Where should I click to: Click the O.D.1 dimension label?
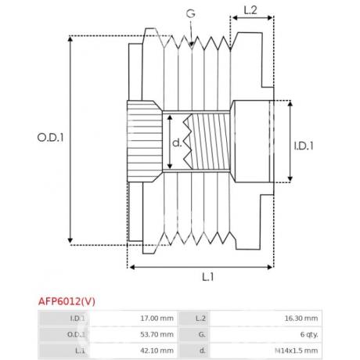[x=50, y=138]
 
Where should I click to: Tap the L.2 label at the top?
[x=250, y=10]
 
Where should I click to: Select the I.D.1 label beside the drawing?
[x=304, y=146]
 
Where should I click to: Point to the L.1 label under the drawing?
[x=208, y=277]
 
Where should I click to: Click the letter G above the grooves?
[x=191, y=13]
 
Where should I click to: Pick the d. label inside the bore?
[x=177, y=142]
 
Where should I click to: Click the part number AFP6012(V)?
[x=67, y=301]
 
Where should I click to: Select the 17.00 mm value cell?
[x=157, y=319]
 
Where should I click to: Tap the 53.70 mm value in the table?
[x=157, y=334]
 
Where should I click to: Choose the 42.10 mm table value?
[x=157, y=351]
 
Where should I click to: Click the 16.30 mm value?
[x=301, y=319]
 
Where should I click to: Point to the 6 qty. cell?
[x=309, y=334]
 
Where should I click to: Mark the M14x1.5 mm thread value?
[x=297, y=351]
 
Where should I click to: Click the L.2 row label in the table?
[x=201, y=319]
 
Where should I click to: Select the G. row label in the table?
[x=202, y=334]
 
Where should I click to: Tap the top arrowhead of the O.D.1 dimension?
[x=70, y=39]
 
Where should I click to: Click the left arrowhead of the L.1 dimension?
[x=132, y=267]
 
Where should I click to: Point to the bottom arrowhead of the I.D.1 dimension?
[x=290, y=178]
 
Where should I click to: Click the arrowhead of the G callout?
[x=192, y=45]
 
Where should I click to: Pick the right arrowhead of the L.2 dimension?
[x=270, y=18]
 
